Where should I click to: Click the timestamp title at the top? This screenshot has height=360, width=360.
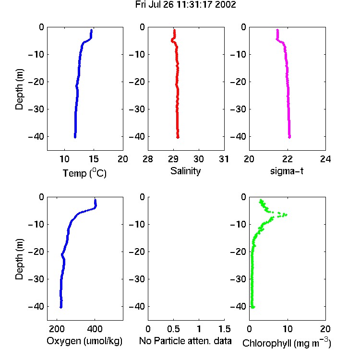pyautogui.click(x=185, y=5)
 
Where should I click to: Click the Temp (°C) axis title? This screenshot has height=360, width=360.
pyautogui.click(x=84, y=173)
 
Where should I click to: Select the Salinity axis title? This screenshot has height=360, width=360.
pyautogui.click(x=185, y=171)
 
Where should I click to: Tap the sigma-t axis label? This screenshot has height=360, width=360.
pyautogui.click(x=287, y=171)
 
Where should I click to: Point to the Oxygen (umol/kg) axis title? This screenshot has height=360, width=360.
pyautogui.click(x=84, y=341)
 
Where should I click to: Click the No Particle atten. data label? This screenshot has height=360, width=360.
pyautogui.click(x=185, y=341)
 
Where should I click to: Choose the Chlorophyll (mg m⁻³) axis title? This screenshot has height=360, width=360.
pyautogui.click(x=287, y=343)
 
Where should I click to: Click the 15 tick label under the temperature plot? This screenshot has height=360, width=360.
pyautogui.click(x=94, y=159)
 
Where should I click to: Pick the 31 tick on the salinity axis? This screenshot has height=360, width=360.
pyautogui.click(x=224, y=159)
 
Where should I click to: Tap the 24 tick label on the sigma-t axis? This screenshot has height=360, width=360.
pyautogui.click(x=325, y=159)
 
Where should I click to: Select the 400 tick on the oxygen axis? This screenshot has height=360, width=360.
pyautogui.click(x=95, y=329)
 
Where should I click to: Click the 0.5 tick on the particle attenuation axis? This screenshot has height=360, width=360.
pyautogui.click(x=173, y=329)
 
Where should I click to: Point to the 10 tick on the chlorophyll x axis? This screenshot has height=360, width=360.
pyautogui.click(x=288, y=329)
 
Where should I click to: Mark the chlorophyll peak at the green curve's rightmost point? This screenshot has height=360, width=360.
pyautogui.click(x=286, y=215)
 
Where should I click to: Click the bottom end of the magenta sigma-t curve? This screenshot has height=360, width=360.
pyautogui.click(x=289, y=137)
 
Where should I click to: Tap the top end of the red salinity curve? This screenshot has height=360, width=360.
pyautogui.click(x=175, y=30)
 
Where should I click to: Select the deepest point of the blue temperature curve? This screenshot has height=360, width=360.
pyautogui.click(x=75, y=137)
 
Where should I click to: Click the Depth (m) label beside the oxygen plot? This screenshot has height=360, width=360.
pyautogui.click(x=19, y=259)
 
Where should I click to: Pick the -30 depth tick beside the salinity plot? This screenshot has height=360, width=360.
pyautogui.click(x=137, y=109)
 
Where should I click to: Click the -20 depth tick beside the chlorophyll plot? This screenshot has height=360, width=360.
pyautogui.click(x=238, y=252)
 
